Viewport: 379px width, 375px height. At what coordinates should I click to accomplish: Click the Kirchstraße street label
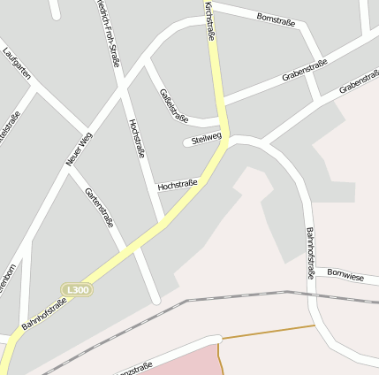point(209,20)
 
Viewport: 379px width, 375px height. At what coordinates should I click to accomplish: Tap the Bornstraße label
point(276,18)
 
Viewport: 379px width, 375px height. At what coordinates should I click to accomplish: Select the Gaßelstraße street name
point(174,104)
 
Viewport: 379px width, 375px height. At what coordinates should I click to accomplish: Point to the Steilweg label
point(206,139)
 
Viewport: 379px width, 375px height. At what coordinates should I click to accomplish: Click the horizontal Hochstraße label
point(177,185)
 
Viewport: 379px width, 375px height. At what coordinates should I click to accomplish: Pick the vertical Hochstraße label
point(136,138)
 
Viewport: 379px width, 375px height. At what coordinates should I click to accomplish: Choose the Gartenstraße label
point(99,207)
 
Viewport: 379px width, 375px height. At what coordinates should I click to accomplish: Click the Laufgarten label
point(17,64)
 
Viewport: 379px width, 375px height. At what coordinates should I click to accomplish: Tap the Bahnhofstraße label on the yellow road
point(44,314)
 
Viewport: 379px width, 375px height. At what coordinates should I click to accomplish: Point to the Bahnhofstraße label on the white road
point(309,253)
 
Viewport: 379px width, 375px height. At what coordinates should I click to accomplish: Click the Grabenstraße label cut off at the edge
point(359,85)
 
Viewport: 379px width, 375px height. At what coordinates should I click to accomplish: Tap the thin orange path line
point(265,332)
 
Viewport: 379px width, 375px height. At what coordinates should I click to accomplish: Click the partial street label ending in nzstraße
point(133,367)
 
